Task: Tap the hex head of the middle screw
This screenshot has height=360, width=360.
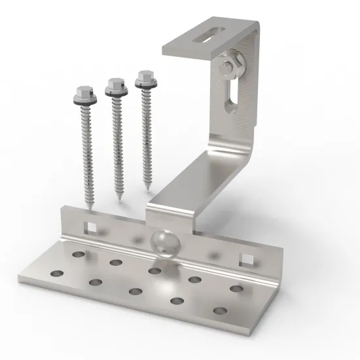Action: [x=115, y=84]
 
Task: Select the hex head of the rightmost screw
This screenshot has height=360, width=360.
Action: [x=143, y=82]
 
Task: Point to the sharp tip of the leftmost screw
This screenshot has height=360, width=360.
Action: [x=90, y=207]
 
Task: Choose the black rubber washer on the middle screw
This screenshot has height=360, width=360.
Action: [x=117, y=96]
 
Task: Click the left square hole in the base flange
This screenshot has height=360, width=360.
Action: [x=91, y=227]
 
